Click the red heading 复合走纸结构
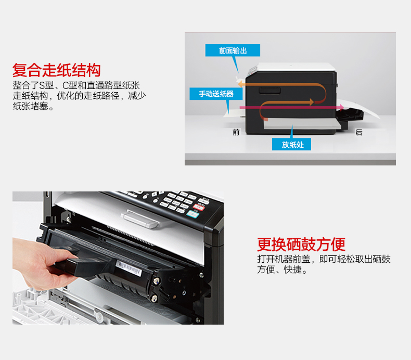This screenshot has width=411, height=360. pyautogui.click(x=56, y=70)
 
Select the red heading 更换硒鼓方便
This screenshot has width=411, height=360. pyautogui.click(x=301, y=244)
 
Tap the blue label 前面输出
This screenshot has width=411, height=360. pyautogui.click(x=233, y=50)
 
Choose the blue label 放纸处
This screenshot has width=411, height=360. pyautogui.click(x=292, y=145)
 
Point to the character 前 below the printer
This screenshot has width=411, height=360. pyautogui.click(x=236, y=133)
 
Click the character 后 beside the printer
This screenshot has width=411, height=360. pyautogui.click(x=358, y=133)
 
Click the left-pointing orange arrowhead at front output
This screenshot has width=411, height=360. pyautogui.click(x=241, y=83)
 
